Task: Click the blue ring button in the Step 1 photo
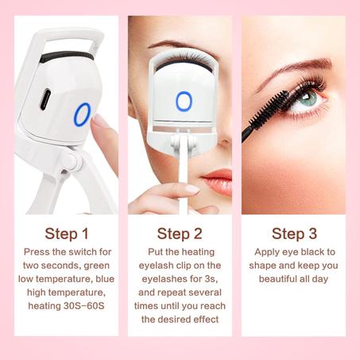coord(83,115)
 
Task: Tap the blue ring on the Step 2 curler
coord(184,101)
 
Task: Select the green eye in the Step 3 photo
coord(312,101)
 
